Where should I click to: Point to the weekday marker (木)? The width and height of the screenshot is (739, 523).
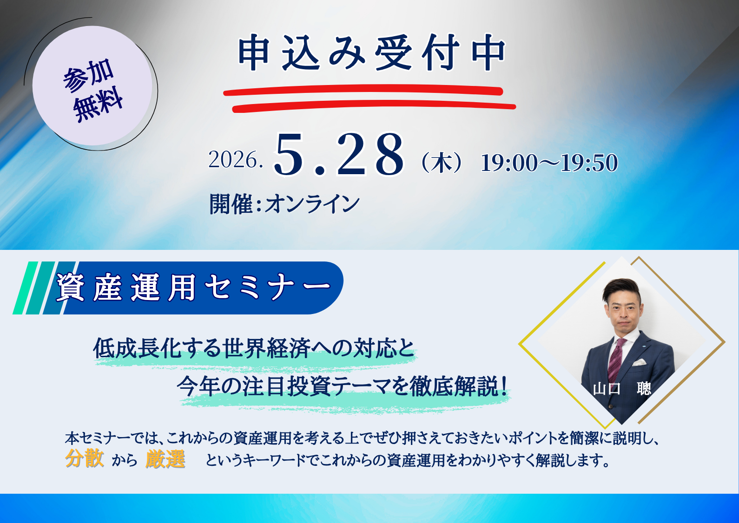tap(442, 163)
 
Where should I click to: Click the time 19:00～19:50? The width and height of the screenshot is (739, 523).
tap(549, 163)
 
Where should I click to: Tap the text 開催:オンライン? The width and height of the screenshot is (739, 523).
tap(284, 204)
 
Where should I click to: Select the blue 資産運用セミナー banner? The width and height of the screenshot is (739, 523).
tap(195, 288)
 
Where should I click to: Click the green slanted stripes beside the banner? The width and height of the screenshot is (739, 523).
tap(35, 288)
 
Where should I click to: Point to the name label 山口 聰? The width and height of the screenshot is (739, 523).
tap(622, 388)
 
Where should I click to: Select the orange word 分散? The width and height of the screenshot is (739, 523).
tap(84, 458)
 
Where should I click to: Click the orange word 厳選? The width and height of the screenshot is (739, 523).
tap(165, 459)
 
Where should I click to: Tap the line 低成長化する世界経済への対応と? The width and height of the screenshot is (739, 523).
tap(254, 348)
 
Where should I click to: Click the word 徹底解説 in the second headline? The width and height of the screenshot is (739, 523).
tap(454, 386)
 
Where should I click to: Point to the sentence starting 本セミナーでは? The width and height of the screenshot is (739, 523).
tap(363, 438)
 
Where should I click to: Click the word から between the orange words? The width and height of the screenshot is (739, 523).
tap(125, 460)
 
